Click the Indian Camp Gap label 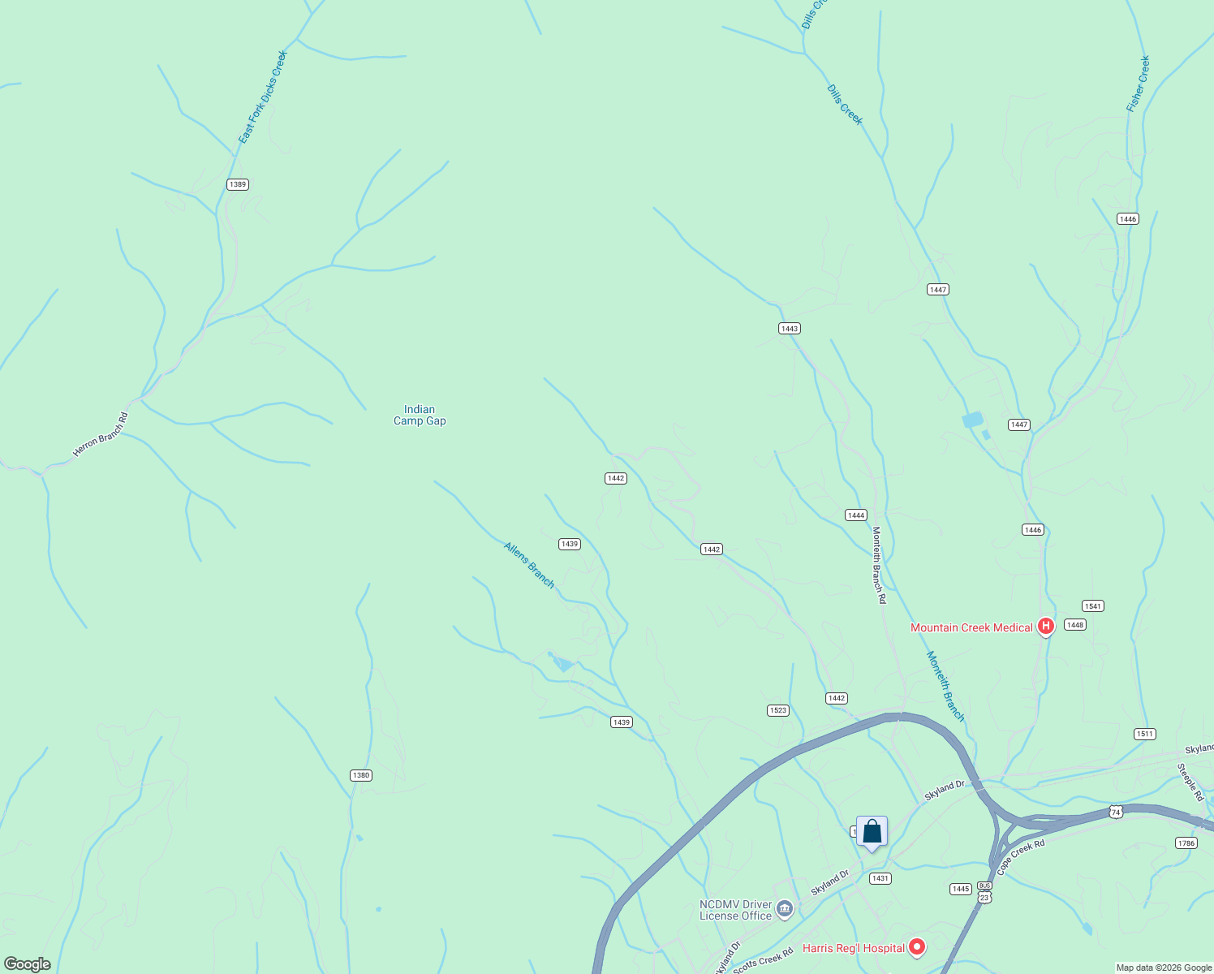coord(420,415)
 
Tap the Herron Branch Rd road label coord(101,434)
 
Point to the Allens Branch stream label coord(529,565)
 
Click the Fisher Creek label coord(1138,84)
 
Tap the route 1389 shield coord(237,184)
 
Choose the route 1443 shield coord(789,329)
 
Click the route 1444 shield coord(855,515)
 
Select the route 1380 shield coord(361,775)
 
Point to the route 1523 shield coord(777,710)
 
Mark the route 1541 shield coord(1092,606)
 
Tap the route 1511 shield coord(1144,734)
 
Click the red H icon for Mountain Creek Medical coord(1046,626)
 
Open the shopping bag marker coord(872,832)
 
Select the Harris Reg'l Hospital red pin coord(917,946)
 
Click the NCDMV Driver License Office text coord(735,910)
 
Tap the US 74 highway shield coord(1116,812)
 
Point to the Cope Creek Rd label coord(1020,857)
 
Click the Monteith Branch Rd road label coord(879,565)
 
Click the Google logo coord(28,964)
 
